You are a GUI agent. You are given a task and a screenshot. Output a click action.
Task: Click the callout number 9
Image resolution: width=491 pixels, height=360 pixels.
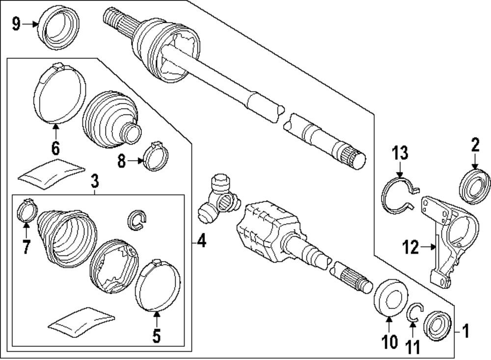16,24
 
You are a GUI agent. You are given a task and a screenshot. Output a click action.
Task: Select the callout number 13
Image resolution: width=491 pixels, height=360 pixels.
400,154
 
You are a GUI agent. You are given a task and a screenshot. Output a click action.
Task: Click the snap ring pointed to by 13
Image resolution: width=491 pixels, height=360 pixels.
399,196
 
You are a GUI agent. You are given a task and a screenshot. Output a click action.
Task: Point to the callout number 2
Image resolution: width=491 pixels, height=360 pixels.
475,145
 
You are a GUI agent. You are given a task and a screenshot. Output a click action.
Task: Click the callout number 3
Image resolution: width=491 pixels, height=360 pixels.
95,182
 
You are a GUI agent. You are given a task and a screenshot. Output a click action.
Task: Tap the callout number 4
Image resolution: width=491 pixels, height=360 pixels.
202,241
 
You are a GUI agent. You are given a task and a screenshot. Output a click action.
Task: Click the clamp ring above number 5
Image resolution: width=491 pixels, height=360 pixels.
157,286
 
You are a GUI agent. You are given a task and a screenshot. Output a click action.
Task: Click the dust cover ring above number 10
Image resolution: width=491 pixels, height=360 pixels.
390,296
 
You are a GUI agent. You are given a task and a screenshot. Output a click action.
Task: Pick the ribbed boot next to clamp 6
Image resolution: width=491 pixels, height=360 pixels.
109,117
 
